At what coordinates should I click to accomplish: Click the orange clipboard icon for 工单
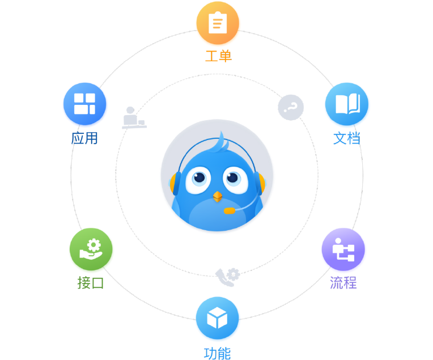click(x=218, y=24)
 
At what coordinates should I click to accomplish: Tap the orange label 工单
click(x=218, y=57)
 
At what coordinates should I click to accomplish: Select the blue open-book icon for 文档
click(x=347, y=105)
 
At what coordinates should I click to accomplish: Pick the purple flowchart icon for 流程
click(x=343, y=250)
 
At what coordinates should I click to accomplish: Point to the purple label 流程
click(x=343, y=282)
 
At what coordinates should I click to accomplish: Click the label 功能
click(x=217, y=353)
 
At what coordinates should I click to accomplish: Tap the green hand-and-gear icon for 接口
click(x=91, y=250)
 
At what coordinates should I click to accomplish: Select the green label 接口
click(x=91, y=282)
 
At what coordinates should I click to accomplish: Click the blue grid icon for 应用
click(x=85, y=105)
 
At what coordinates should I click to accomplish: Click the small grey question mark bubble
click(x=291, y=107)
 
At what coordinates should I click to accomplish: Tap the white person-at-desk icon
click(x=134, y=118)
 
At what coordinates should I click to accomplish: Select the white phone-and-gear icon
click(x=228, y=277)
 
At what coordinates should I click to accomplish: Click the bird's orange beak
click(x=217, y=196)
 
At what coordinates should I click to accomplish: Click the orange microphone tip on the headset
click(x=229, y=210)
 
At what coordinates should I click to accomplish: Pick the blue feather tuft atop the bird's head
click(x=220, y=143)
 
